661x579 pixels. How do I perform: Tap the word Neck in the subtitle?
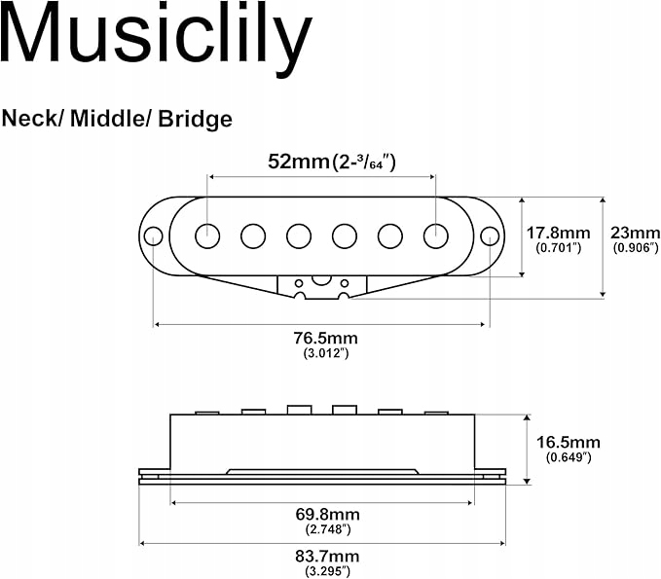point(29,119)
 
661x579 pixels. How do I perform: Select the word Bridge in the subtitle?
point(195,120)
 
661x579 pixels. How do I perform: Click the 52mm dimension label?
point(299,161)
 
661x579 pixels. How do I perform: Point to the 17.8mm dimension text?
point(558,233)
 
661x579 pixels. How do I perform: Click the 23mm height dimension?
point(636,233)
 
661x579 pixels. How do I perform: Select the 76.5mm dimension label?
point(326,338)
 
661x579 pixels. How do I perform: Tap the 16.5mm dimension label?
point(569,442)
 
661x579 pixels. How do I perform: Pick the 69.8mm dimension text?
point(327,514)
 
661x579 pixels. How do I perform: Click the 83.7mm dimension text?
point(327,557)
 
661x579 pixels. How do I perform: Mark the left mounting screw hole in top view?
point(154,236)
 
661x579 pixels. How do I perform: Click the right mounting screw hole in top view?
point(490,236)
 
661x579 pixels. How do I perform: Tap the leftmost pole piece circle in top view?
point(207,236)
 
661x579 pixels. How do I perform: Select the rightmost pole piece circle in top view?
point(436,236)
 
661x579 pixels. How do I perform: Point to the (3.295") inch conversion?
point(327,571)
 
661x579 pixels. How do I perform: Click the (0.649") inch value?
point(569,457)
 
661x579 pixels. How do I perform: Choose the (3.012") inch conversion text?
point(326,353)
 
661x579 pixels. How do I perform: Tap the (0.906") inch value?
point(636,248)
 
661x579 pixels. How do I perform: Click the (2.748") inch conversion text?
point(328,529)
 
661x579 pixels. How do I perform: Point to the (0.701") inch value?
point(559,248)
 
